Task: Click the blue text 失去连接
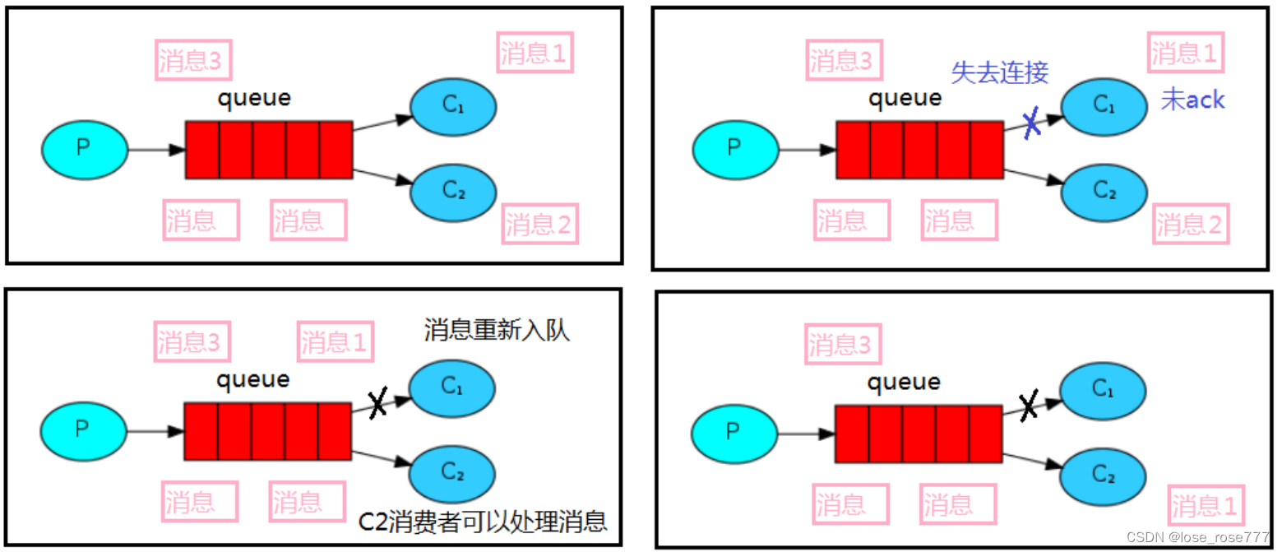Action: coord(999,72)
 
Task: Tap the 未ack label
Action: coord(1192,100)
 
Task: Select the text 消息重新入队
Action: coord(497,331)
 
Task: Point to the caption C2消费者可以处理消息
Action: coord(484,521)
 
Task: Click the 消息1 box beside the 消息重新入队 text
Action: coord(335,341)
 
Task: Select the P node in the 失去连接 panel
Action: coord(734,149)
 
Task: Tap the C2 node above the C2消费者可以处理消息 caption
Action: coord(453,471)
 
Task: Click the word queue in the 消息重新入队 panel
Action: coord(253,380)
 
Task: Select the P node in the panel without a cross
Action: coord(84,148)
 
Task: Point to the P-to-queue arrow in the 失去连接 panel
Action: coord(806,151)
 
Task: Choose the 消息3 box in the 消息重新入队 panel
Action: coord(190,341)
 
